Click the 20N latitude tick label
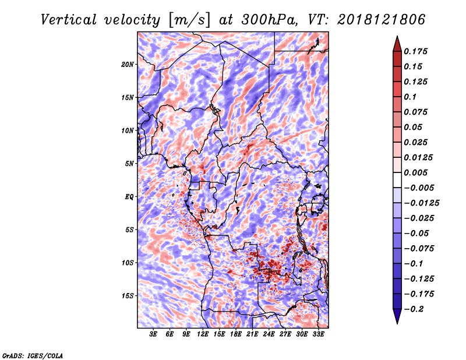[x=128, y=65]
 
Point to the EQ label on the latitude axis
[x=129, y=197]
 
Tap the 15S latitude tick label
[x=128, y=296]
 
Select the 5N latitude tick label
[x=129, y=164]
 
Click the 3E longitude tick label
[x=153, y=334]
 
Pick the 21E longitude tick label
[x=252, y=334]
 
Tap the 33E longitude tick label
[x=318, y=334]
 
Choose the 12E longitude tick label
[x=203, y=334]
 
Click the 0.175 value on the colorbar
[x=415, y=51]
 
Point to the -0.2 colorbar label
[x=414, y=309]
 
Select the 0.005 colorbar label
[x=415, y=172]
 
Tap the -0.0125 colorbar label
[x=421, y=203]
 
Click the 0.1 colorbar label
[x=410, y=97]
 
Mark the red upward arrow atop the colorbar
[x=397, y=44]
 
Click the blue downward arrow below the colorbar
[x=397, y=316]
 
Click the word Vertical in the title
[x=69, y=20]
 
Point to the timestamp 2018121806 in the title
[x=382, y=20]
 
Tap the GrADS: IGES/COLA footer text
[x=33, y=355]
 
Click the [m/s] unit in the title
[x=189, y=20]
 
